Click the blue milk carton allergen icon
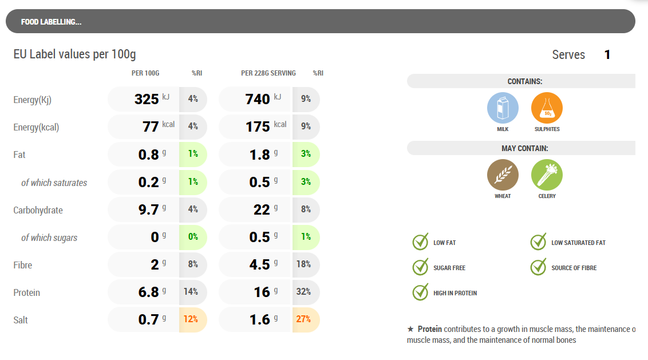503,108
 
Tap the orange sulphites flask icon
547,108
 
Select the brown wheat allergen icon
503,175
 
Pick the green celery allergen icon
547,175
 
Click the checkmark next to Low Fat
421,242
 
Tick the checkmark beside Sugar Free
421,267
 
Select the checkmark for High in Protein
421,292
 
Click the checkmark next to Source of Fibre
538,267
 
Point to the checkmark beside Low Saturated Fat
538,242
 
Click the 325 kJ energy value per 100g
147,99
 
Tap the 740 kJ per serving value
258,99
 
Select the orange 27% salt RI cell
303,319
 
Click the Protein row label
27,292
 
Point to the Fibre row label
23,265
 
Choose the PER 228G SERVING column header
268,73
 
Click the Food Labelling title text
51,22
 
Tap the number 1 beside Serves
607,55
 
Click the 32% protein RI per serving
303,292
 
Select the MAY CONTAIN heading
525,148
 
